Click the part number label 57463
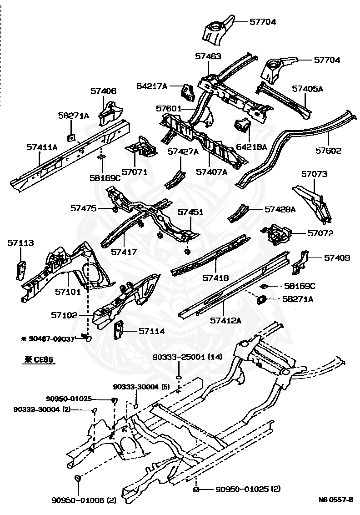click(208, 56)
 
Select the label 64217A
click(152, 86)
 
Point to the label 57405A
click(307, 89)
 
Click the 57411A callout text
click(42, 147)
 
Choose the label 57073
click(314, 174)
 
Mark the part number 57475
click(83, 208)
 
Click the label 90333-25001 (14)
click(187, 357)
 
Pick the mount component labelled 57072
click(277, 233)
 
